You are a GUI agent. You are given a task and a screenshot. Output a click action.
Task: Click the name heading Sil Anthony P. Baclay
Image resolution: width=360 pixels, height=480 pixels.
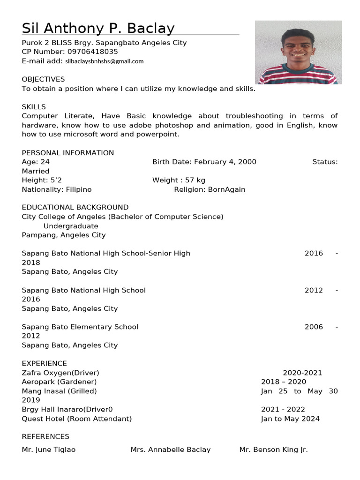tap(98, 29)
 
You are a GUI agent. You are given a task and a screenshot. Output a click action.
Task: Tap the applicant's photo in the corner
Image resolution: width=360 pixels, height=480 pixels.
tap(298, 52)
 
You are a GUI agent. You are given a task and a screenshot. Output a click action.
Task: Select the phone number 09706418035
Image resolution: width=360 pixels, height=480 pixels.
tap(93, 52)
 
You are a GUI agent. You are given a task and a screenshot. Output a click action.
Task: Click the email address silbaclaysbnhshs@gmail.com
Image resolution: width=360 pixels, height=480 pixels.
tap(105, 61)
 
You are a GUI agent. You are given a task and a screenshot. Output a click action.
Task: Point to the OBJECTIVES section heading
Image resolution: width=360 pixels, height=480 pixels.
tap(43, 79)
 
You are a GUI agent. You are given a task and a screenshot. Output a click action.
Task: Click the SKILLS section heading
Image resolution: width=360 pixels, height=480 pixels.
tap(34, 107)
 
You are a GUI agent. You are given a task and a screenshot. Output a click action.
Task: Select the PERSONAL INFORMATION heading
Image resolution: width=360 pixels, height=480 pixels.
tap(67, 153)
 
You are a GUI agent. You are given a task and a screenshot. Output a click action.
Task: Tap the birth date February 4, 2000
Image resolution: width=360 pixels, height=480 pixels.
tap(225, 162)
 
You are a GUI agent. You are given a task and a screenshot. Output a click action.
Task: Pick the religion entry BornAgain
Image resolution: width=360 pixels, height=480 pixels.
tap(226, 189)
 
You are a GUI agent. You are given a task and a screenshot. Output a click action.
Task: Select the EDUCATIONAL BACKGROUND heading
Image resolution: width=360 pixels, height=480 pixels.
tap(75, 207)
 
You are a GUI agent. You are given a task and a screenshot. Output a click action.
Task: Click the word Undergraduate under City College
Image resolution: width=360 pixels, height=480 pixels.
tap(71, 226)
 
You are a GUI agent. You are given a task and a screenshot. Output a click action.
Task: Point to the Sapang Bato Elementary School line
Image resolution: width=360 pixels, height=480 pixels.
tap(80, 327)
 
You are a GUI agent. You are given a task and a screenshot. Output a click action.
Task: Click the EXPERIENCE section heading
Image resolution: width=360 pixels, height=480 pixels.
tap(44, 363)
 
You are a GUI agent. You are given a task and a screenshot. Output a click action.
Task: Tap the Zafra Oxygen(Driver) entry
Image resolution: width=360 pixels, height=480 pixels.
tap(60, 373)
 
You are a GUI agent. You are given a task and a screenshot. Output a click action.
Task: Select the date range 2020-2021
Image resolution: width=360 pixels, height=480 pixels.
tap(302, 373)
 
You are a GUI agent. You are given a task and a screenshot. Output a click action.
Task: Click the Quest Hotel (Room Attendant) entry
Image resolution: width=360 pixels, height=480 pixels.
tap(76, 419)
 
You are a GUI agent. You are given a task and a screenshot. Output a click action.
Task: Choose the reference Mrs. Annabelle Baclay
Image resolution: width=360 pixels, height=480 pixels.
tap(171, 450)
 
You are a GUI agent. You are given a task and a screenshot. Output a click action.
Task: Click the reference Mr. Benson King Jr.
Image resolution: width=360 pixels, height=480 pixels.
tap(273, 450)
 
